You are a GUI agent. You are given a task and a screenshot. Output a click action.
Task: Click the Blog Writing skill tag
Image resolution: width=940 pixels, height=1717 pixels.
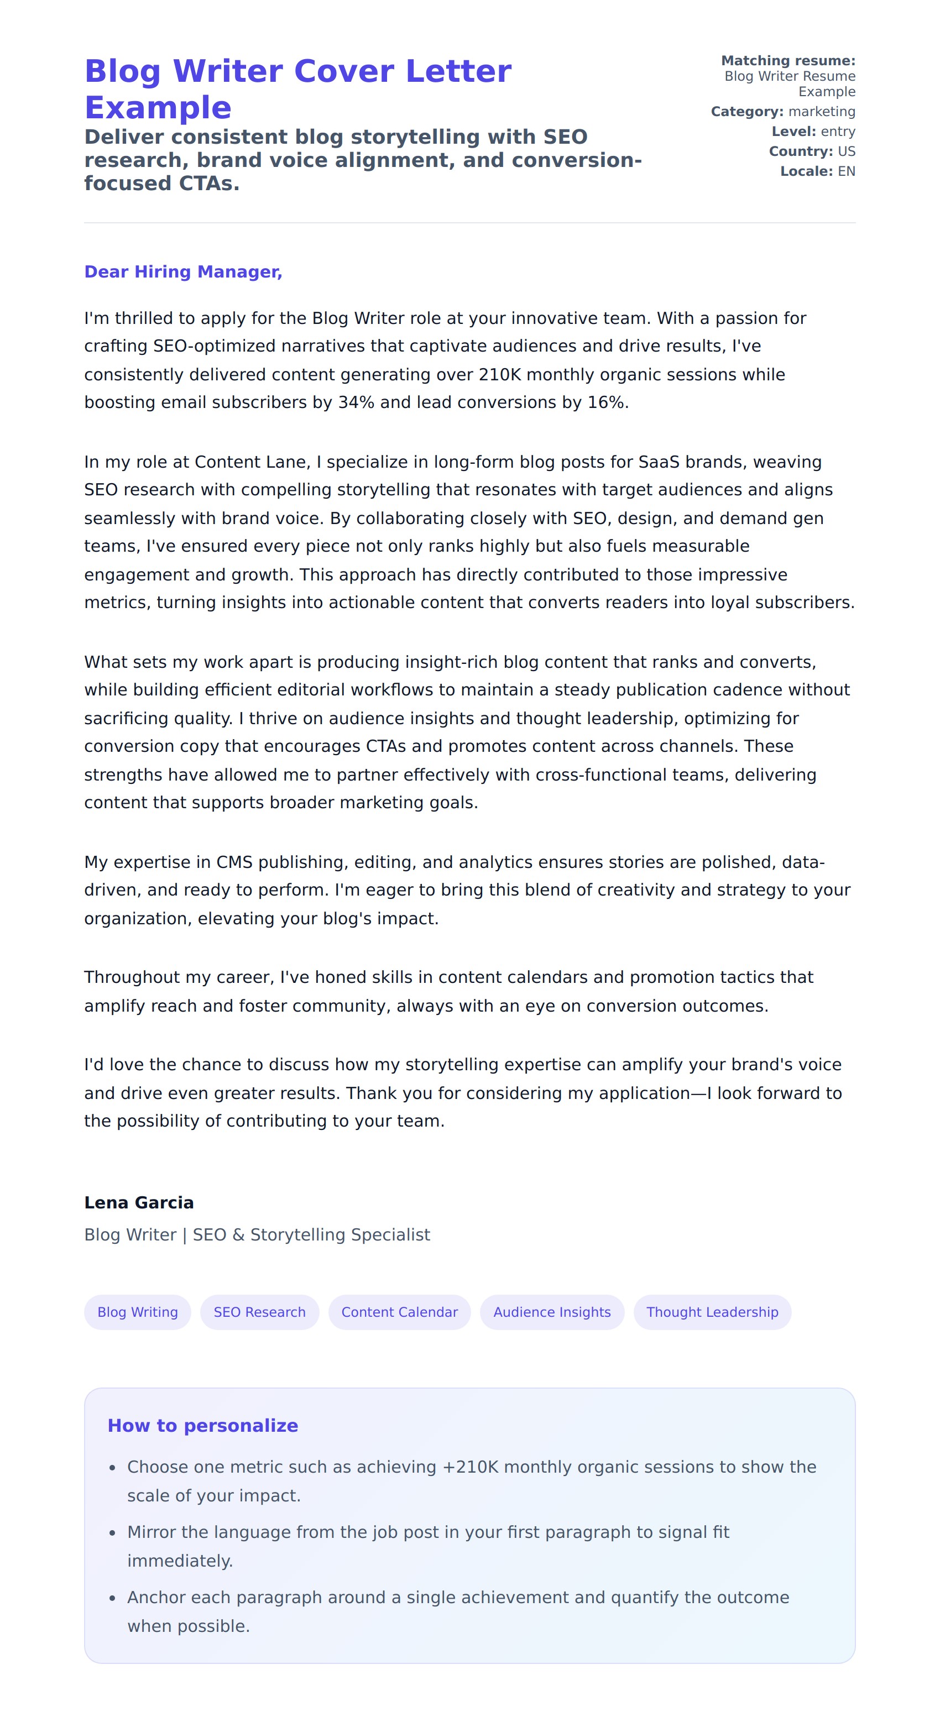click(x=137, y=1312)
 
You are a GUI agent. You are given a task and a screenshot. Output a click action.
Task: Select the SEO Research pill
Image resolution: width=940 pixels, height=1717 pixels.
click(x=259, y=1312)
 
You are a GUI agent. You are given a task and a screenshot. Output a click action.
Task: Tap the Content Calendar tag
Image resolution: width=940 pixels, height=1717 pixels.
click(x=399, y=1312)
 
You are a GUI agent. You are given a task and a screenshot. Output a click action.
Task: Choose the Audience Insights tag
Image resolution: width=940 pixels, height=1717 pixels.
click(x=551, y=1312)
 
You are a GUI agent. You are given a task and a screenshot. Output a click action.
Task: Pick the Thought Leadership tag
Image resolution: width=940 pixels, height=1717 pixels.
click(x=712, y=1312)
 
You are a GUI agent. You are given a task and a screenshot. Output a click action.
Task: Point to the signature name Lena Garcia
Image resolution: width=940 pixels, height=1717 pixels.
click(x=139, y=1202)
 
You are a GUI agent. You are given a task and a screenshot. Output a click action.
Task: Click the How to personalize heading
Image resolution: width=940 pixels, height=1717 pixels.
click(x=203, y=1425)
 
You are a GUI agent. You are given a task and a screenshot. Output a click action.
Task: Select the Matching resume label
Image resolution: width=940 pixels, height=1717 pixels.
click(x=788, y=61)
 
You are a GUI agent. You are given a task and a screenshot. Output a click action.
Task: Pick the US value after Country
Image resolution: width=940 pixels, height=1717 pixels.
click(x=846, y=151)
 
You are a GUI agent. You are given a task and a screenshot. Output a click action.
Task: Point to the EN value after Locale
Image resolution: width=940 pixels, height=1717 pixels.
click(x=846, y=171)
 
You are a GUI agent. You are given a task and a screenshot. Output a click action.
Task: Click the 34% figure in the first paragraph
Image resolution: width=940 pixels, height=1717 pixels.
click(x=356, y=402)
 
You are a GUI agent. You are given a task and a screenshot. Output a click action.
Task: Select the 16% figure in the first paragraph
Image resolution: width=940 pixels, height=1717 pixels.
click(x=606, y=402)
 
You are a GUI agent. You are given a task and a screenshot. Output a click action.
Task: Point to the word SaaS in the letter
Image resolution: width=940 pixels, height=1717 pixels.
click(x=659, y=462)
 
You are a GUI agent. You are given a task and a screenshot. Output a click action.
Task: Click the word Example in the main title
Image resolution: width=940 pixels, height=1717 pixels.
click(x=158, y=107)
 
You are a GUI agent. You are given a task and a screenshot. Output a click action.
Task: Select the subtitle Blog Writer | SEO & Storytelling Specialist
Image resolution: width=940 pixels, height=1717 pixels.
click(x=257, y=1234)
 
